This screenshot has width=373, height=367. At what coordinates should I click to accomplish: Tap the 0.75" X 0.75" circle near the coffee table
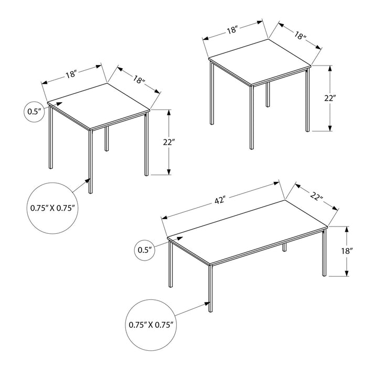[150, 325]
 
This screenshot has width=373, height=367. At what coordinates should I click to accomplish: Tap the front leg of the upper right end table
[251, 116]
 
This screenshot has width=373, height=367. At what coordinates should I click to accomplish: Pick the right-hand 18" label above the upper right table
[300, 36]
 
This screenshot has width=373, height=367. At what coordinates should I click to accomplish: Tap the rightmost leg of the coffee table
[323, 252]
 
